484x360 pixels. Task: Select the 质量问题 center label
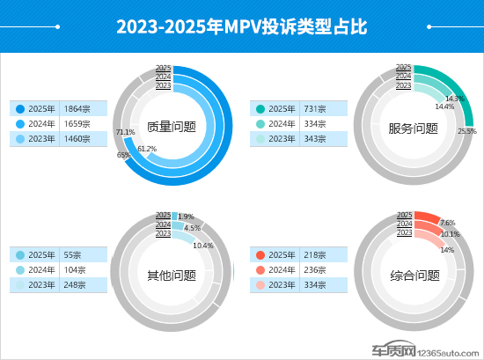point(172,128)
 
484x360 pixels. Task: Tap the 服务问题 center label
point(413,128)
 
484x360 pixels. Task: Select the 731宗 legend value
point(315,108)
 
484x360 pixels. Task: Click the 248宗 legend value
point(76,285)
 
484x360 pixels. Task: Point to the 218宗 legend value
point(315,255)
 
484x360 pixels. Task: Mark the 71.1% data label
point(125,132)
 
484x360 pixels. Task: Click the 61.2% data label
point(147,149)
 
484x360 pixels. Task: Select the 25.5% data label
point(467,131)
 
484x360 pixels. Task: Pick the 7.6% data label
point(447,224)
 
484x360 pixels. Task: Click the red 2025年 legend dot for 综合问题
point(260,255)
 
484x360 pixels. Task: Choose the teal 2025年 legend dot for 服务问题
point(260,108)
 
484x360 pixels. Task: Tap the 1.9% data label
point(186,217)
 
